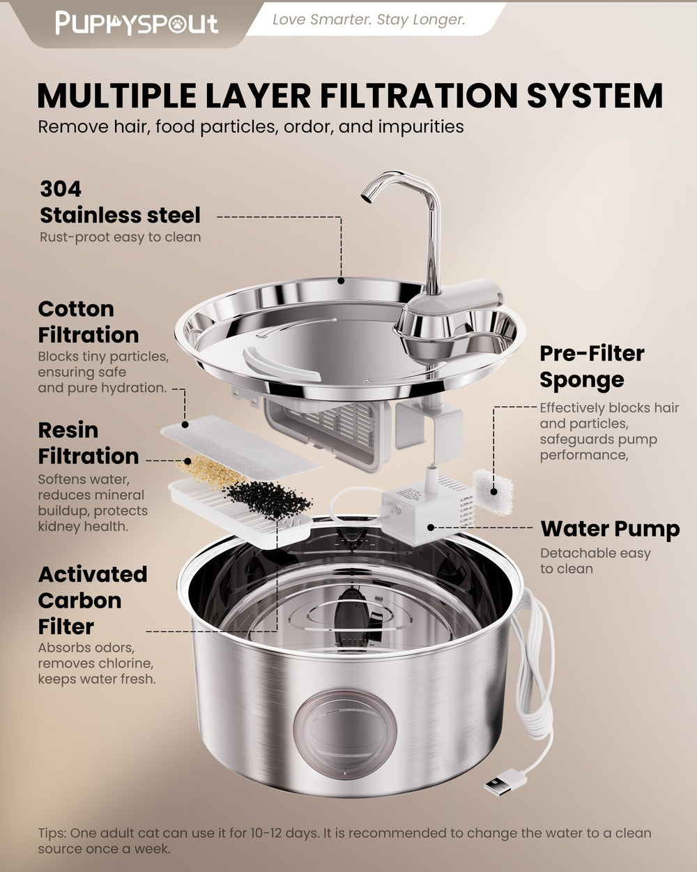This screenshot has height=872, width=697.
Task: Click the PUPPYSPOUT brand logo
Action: click(x=137, y=23)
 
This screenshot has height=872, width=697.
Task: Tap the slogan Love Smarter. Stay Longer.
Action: click(x=369, y=20)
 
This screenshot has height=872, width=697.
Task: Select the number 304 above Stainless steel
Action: click(x=61, y=189)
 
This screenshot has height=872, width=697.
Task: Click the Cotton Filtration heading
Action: click(x=89, y=322)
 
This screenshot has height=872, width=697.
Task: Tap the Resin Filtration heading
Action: click(x=89, y=443)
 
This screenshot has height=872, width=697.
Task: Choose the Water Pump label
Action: click(x=610, y=529)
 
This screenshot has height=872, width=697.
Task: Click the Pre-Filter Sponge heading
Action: click(x=592, y=367)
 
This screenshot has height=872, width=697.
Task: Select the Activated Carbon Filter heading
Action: click(x=92, y=600)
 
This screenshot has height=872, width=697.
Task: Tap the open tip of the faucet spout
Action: click(x=366, y=197)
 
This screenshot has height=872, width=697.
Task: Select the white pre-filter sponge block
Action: click(x=493, y=492)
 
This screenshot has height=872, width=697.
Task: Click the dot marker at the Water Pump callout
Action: click(x=431, y=527)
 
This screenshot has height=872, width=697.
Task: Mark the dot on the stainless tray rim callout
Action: click(x=341, y=280)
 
